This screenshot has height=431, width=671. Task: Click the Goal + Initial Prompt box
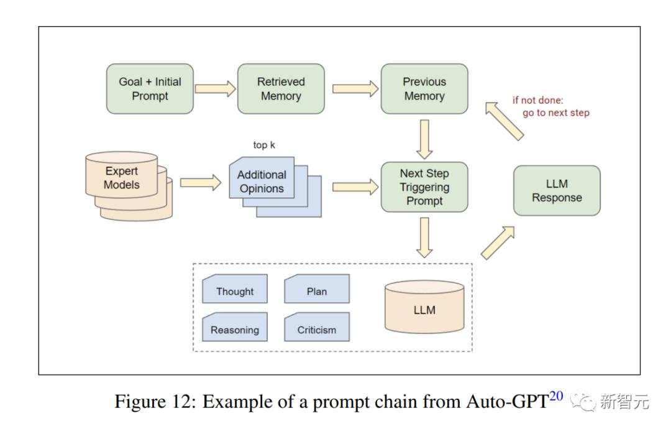[150, 89]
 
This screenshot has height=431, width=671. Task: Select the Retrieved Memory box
[281, 89]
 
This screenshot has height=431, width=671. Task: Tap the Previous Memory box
[424, 89]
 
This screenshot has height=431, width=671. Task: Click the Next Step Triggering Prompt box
[424, 187]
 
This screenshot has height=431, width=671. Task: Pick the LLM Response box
[557, 190]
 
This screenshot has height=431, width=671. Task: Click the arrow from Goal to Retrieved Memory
[216, 88]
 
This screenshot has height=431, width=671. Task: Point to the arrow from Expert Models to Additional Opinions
[200, 183]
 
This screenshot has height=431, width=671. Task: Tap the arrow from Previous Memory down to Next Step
[424, 139]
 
